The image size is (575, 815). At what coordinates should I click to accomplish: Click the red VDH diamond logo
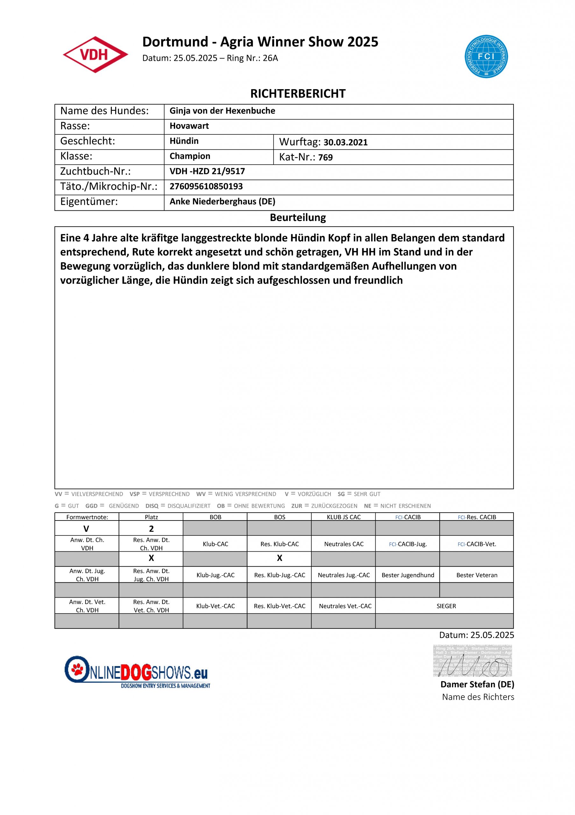95,55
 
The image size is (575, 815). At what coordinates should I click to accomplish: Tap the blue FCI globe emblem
486,57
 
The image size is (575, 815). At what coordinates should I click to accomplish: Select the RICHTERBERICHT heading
298,94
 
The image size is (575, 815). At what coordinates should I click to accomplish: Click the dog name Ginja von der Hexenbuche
222,111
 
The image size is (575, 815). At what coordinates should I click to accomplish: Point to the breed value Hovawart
189,126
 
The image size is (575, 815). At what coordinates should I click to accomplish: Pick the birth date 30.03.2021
345,142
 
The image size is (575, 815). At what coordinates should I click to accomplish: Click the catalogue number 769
325,158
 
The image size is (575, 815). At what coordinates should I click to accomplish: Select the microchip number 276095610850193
206,186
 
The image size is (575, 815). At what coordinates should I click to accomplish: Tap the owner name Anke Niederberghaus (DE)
222,202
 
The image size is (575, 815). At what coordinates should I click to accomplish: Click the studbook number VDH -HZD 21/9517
207,172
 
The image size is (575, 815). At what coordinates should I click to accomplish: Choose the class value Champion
190,156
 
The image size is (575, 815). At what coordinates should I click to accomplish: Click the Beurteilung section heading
298,217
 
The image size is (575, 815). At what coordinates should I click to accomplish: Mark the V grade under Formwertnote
86,529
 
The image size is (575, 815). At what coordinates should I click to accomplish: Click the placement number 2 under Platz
151,529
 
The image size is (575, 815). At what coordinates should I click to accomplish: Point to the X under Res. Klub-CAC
279,558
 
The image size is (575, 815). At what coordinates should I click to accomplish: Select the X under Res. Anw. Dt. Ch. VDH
151,558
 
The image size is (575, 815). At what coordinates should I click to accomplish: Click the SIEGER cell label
446,606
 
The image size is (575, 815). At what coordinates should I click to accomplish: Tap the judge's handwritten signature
472,661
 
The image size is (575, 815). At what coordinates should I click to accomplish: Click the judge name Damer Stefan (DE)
477,684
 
